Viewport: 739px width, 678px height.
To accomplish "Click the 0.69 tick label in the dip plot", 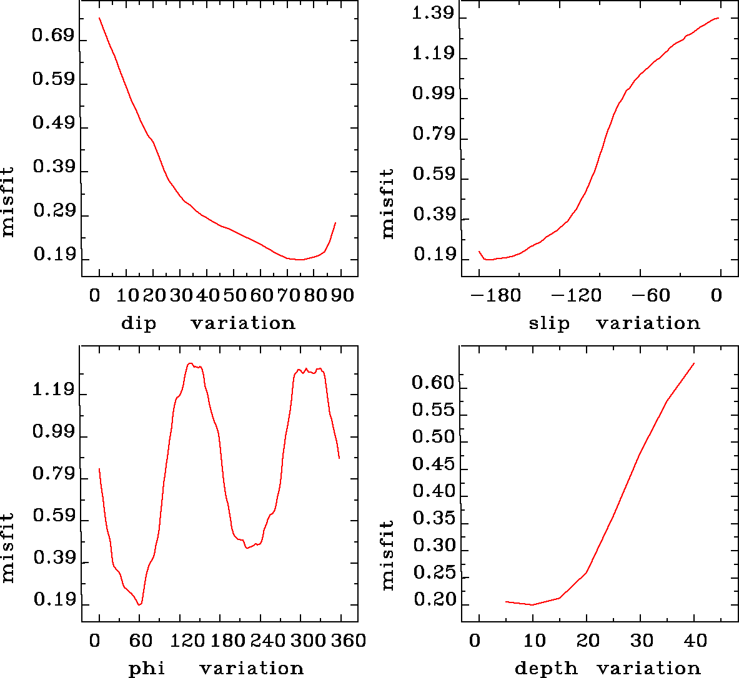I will point(52,36).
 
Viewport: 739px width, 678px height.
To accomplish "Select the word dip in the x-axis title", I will point(139,323).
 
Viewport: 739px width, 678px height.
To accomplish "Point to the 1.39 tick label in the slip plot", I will point(433,14).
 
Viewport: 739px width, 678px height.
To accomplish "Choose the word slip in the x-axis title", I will point(549,323).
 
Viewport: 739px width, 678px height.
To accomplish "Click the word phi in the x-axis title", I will point(147,669).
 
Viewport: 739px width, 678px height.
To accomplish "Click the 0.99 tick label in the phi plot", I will point(53,432).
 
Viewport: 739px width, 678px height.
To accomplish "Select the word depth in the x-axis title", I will point(545,669).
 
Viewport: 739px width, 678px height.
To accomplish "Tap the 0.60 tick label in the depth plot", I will point(433,383).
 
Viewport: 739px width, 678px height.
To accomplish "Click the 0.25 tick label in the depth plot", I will point(433,572).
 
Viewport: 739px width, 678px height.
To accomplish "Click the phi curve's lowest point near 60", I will point(139,604).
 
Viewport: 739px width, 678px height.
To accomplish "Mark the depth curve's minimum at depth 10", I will point(532,604).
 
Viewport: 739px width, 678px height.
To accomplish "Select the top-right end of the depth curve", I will point(693,363).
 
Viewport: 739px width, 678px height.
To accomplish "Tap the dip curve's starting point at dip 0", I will point(99,18).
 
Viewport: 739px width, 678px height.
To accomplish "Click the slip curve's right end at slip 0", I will point(719,18).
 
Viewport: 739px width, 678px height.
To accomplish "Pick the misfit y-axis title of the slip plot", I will point(388,203).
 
